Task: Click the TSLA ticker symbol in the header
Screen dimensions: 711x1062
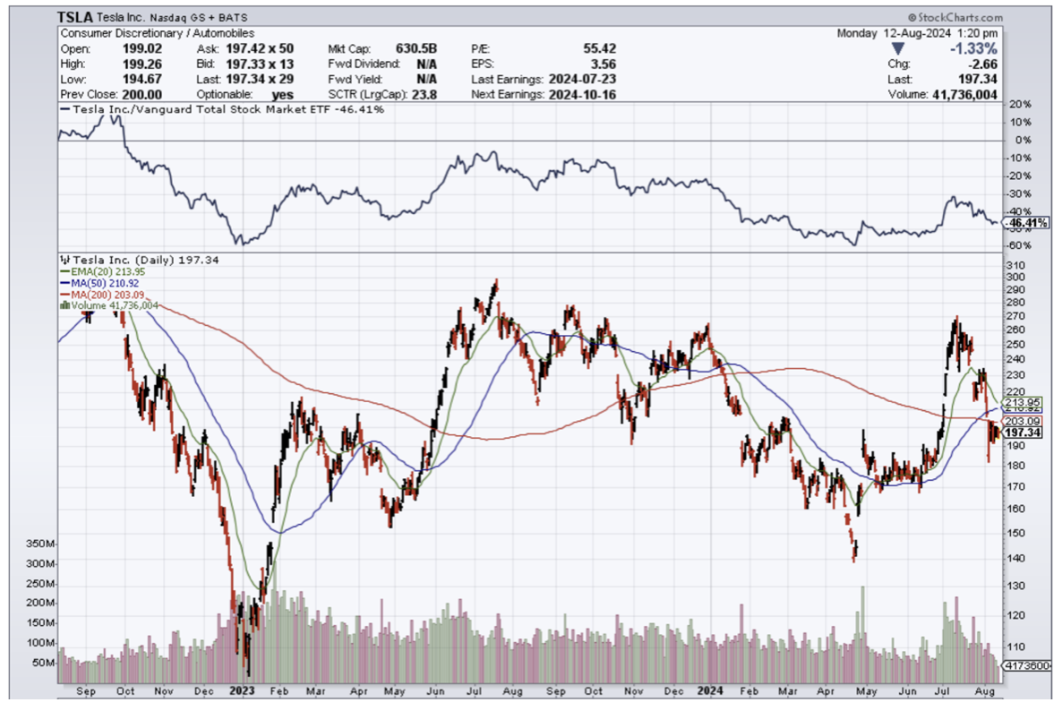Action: click(x=75, y=17)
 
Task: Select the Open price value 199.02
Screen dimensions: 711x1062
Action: click(x=144, y=48)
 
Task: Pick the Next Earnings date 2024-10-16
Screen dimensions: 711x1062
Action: click(x=583, y=94)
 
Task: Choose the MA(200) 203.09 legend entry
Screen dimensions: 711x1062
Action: click(x=103, y=294)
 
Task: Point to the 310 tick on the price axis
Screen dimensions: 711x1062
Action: click(x=1016, y=266)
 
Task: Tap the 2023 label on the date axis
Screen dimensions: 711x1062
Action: click(x=242, y=691)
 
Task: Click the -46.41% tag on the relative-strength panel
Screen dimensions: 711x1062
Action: click(x=1025, y=222)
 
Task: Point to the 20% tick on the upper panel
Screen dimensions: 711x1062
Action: click(x=1018, y=104)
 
